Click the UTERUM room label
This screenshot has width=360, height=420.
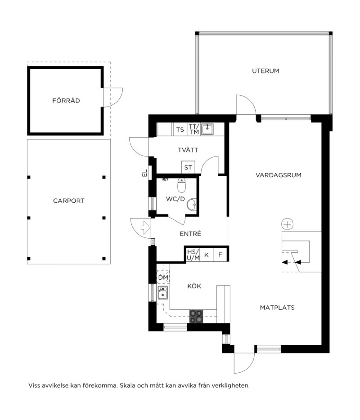coord(265,71)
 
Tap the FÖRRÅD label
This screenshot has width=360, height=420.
coord(66,100)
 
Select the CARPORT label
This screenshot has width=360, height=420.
coord(69,201)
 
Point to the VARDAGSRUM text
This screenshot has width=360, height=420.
coord(278,175)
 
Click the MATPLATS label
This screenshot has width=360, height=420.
coord(277,308)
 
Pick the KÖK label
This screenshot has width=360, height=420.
coord(194,286)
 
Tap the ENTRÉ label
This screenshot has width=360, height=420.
coord(190,234)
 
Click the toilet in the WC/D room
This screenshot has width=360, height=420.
coord(181,185)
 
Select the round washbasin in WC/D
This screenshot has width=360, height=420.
coord(192,204)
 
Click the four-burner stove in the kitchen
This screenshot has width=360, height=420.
coord(196,317)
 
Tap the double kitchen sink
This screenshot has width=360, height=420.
coord(163,293)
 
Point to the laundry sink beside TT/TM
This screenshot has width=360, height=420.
coord(207,129)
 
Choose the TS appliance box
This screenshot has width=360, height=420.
coord(180,129)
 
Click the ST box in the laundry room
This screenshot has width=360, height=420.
coord(188,167)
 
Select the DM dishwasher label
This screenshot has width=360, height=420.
coord(163,277)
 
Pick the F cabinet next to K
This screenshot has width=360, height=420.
coord(220,255)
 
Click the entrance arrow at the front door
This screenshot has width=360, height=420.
coord(145,228)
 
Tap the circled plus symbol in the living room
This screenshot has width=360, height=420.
coord(287,225)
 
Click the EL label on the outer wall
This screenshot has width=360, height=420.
coord(145,173)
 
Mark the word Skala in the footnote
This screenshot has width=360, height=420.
coord(127,386)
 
